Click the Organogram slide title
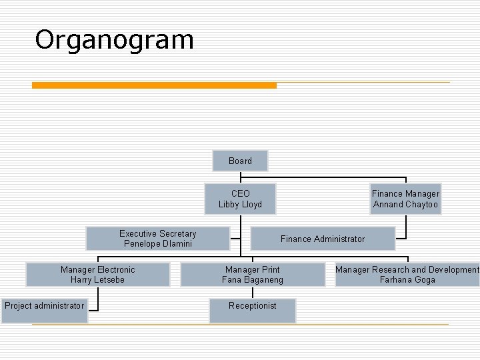pyautogui.click(x=114, y=40)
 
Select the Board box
pyautogui.click(x=240, y=161)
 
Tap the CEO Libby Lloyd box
pyautogui.click(x=240, y=199)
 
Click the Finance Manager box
pyautogui.click(x=405, y=199)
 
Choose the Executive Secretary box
pyautogui.click(x=158, y=239)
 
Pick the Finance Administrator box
pyautogui.click(x=323, y=239)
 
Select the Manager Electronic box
pyautogui.click(x=97, y=275)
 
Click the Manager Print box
pyautogui.click(x=252, y=275)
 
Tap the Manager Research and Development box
pyautogui.click(x=407, y=275)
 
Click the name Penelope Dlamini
pyautogui.click(x=158, y=244)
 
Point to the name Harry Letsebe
pyautogui.click(x=97, y=280)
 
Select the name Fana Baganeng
pyautogui.click(x=252, y=280)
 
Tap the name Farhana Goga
pyautogui.click(x=407, y=280)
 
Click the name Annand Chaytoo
pyautogui.click(x=405, y=205)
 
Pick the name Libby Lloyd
pyautogui.click(x=240, y=205)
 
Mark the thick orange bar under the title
pyautogui.click(x=154, y=85)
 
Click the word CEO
pyautogui.click(x=240, y=194)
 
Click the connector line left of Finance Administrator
pyautogui.click(x=240, y=239)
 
